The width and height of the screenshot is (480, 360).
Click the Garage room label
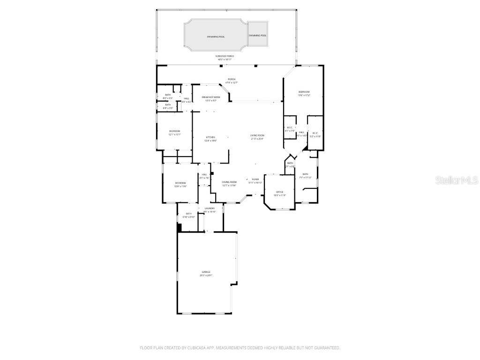[x=206, y=272]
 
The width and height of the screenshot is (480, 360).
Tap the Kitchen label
[x=210, y=137]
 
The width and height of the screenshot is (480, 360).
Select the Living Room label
[x=257, y=135]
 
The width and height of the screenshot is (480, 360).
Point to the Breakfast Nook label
[x=211, y=97]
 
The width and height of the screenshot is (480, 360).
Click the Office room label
[x=280, y=192]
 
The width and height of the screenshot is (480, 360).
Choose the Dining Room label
[x=229, y=182]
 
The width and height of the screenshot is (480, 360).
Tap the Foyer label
[x=255, y=180]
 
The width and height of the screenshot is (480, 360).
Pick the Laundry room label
[x=210, y=209]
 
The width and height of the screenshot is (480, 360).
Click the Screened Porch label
[x=225, y=56]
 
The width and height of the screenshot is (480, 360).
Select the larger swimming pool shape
[x=215, y=36]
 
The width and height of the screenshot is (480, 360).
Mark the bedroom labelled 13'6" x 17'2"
[x=304, y=92]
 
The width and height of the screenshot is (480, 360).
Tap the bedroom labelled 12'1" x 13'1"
[x=174, y=131]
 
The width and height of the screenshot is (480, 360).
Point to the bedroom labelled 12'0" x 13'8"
[x=180, y=183]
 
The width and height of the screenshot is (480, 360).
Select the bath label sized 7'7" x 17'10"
[x=305, y=174]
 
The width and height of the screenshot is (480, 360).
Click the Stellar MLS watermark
[x=457, y=180]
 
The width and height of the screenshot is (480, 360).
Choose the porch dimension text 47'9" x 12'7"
[x=232, y=82]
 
